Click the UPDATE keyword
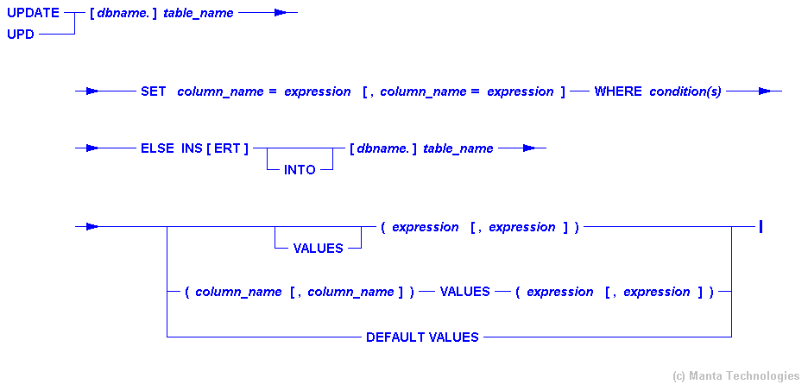(x=33, y=13)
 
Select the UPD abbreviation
(x=21, y=35)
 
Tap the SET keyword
(x=153, y=91)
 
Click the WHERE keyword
(x=618, y=91)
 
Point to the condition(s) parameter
(x=685, y=91)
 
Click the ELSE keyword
(x=157, y=148)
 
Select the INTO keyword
(x=300, y=170)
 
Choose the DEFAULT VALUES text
(x=422, y=337)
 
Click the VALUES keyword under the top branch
(x=318, y=249)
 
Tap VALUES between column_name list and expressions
(x=464, y=292)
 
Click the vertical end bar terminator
(x=761, y=227)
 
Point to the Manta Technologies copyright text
(x=735, y=375)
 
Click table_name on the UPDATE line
(x=198, y=14)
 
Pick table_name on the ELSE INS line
(x=458, y=148)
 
